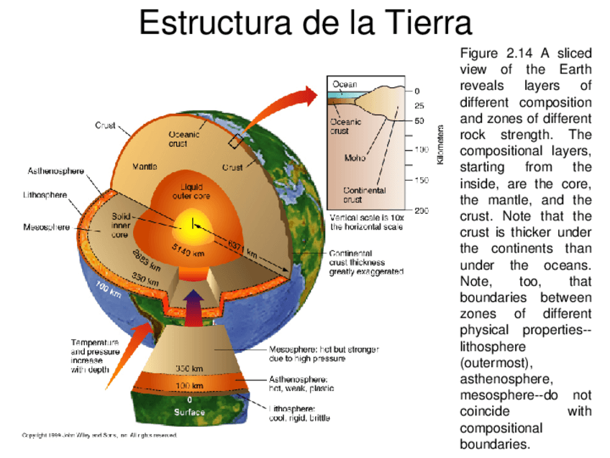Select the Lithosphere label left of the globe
(46, 194)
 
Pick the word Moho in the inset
(355, 158)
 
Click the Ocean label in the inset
(344, 84)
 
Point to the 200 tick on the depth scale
(422, 210)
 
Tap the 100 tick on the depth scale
(421, 150)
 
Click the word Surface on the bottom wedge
(189, 413)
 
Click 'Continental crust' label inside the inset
(364, 194)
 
